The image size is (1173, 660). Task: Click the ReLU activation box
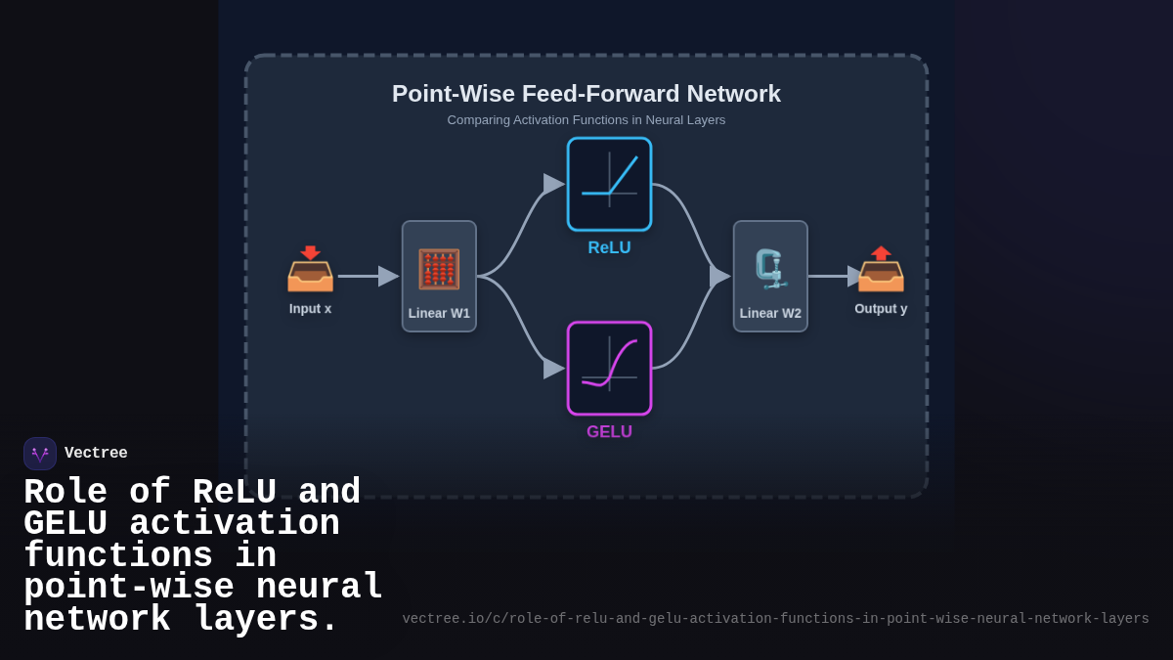[609, 184]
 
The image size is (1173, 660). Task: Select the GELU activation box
[609, 368]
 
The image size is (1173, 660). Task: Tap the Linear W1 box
[439, 276]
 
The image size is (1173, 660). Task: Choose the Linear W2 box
[770, 276]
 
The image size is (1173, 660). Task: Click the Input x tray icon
[310, 269]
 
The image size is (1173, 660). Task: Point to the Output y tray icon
[880, 269]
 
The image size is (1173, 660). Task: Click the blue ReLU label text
[609, 248]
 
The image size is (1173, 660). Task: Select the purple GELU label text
[609, 432]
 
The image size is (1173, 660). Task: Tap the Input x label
[310, 309]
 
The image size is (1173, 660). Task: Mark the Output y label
[880, 309]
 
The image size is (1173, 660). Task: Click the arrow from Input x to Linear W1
[367, 276]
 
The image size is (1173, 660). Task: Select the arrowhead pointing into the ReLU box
[553, 184]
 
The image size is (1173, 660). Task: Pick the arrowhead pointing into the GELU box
[553, 369]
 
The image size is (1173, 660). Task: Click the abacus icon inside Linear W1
[439, 269]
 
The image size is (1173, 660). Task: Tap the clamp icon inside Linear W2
[770, 268]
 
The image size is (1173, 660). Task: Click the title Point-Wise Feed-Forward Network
[586, 94]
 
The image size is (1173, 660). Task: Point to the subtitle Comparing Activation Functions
[586, 120]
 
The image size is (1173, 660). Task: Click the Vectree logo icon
[40, 454]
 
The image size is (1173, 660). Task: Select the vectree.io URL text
[775, 619]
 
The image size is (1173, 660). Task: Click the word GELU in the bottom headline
[65, 525]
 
